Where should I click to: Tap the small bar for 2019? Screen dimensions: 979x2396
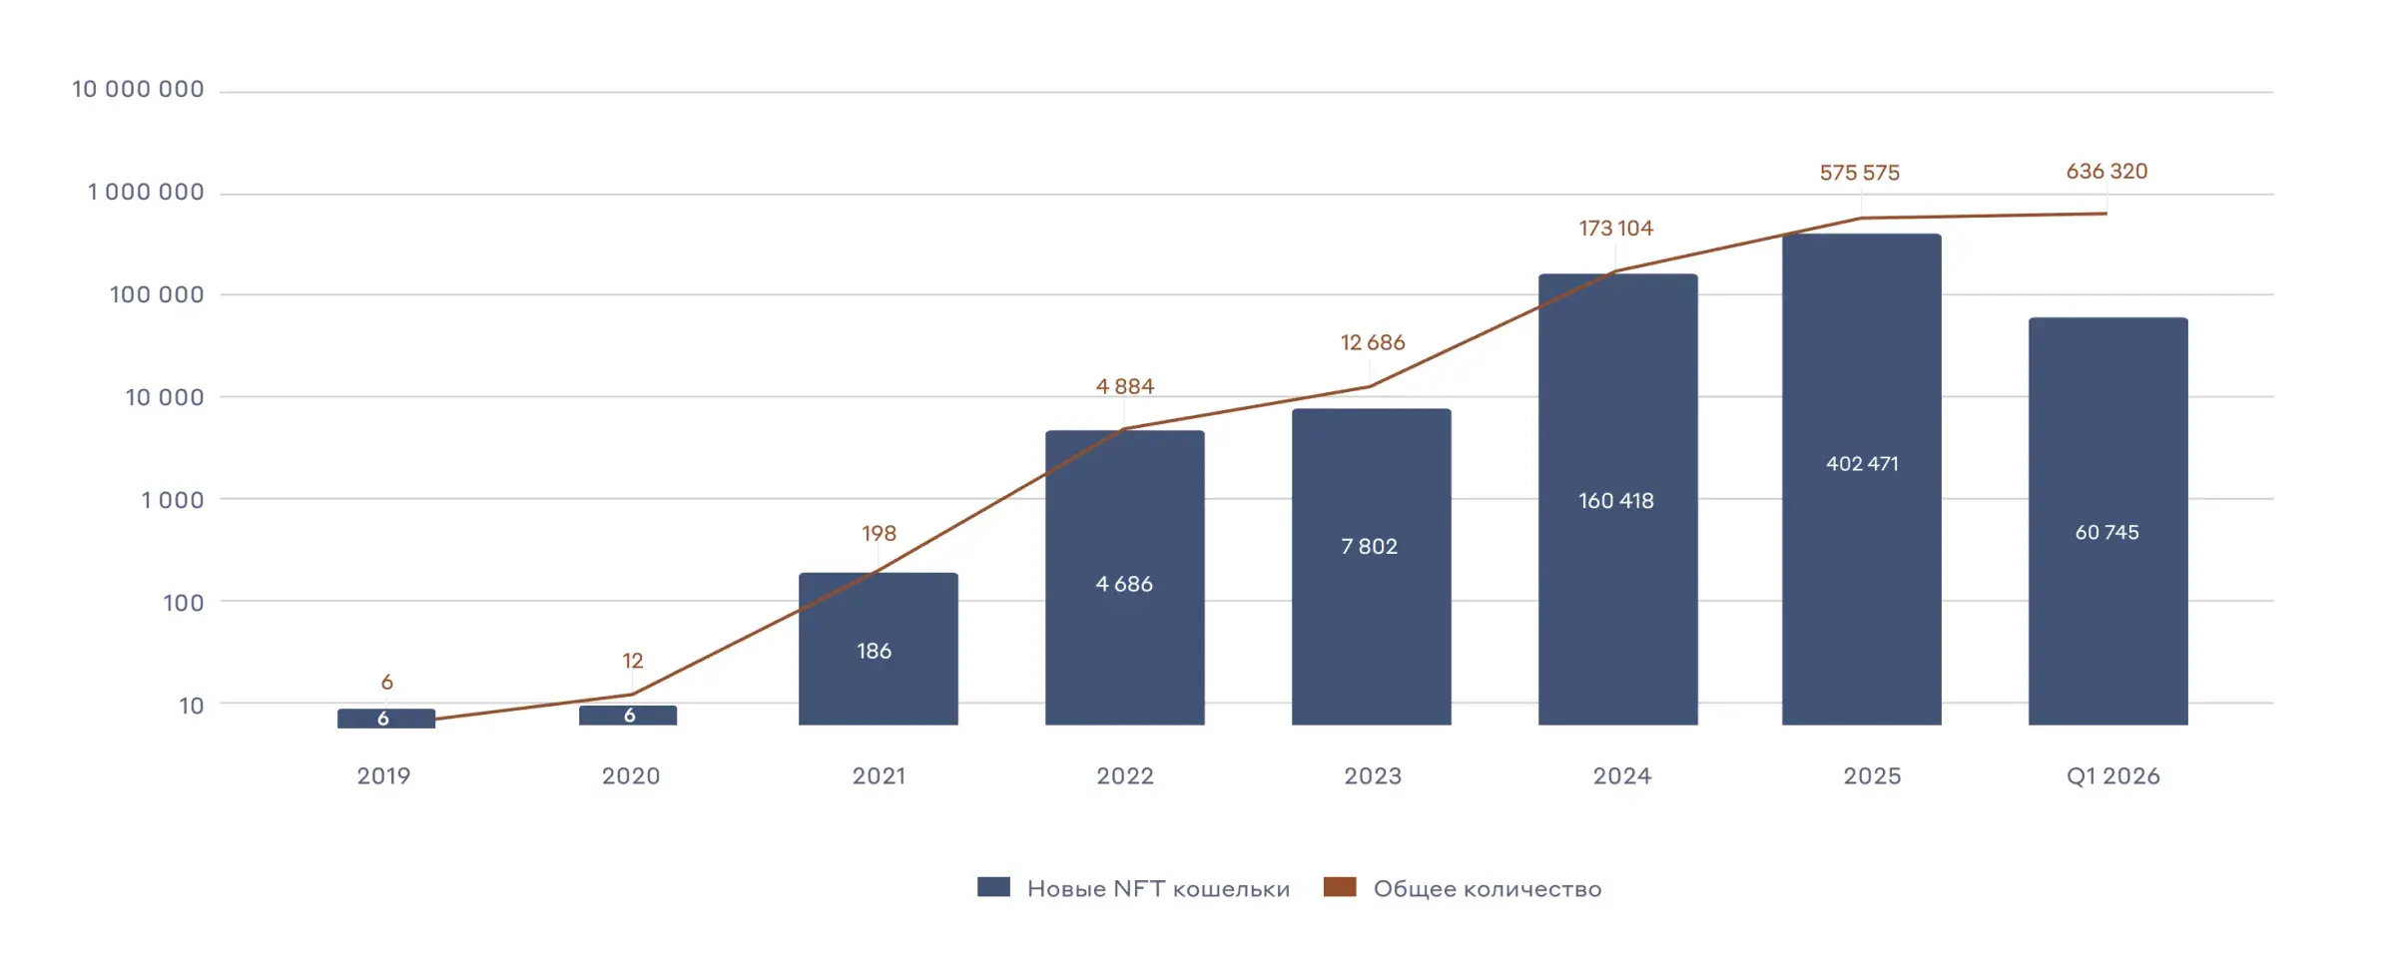pyautogui.click(x=386, y=719)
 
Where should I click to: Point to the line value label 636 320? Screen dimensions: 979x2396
pyautogui.click(x=2106, y=172)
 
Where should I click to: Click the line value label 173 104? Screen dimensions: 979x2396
pyautogui.click(x=1615, y=229)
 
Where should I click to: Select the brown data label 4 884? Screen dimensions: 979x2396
pyautogui.click(x=1124, y=386)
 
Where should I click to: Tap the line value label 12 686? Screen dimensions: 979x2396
pyautogui.click(x=1372, y=342)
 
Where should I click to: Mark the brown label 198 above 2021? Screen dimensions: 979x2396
pyautogui.click(x=879, y=533)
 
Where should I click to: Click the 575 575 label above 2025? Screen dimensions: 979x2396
pyautogui.click(x=1859, y=173)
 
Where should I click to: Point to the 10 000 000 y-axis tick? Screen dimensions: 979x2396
pyautogui.click(x=138, y=90)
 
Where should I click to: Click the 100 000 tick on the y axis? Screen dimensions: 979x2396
pyautogui.click(x=157, y=294)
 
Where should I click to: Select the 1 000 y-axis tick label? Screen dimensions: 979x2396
pyautogui.click(x=172, y=500)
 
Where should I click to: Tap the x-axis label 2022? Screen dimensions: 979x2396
pyautogui.click(x=1124, y=776)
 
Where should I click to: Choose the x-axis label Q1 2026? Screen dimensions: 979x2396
pyautogui.click(x=2112, y=776)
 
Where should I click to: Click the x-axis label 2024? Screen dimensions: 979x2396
pyautogui.click(x=1621, y=776)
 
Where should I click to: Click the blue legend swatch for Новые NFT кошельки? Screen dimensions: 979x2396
pyautogui.click(x=993, y=887)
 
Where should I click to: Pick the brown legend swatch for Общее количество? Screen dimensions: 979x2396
pyautogui.click(x=1339, y=887)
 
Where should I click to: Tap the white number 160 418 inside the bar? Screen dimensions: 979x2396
pyautogui.click(x=1615, y=501)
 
